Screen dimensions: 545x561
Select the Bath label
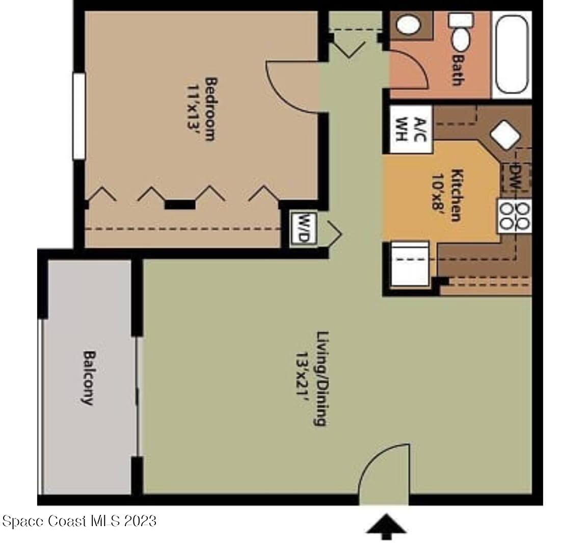pyautogui.click(x=458, y=70)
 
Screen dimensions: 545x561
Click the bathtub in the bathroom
pyautogui.click(x=512, y=54)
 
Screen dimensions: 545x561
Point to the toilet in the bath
pyautogui.click(x=461, y=32)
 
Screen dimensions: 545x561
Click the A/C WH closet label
pyautogui.click(x=411, y=129)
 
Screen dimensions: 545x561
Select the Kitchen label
pyautogui.click(x=457, y=195)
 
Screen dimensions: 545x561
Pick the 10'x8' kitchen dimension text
pyautogui.click(x=438, y=194)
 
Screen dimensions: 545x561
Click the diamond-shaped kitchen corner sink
pyautogui.click(x=505, y=135)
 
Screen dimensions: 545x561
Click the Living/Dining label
pyautogui.click(x=321, y=378)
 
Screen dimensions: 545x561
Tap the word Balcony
pyautogui.click(x=89, y=377)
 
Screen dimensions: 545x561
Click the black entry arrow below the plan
pyautogui.click(x=387, y=526)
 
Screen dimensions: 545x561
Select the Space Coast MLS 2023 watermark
pyautogui.click(x=79, y=521)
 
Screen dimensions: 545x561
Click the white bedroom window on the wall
pyautogui.click(x=79, y=116)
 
